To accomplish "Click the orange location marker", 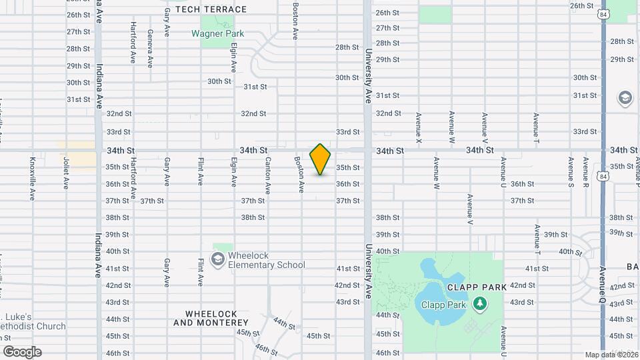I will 320,159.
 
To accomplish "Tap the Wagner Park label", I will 217,33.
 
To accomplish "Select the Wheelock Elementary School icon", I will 217,259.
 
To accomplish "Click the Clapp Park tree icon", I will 479,305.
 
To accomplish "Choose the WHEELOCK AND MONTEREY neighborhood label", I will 211,318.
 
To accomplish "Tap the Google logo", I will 22,351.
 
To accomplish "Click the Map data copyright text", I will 611,355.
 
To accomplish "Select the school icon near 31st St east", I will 625,99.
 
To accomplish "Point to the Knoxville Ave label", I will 32,178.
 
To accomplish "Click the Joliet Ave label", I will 66,171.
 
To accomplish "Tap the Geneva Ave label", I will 150,49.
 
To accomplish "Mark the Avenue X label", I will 419,127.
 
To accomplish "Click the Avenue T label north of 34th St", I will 536,127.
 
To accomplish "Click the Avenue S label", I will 571,172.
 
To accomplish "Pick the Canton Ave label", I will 268,175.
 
